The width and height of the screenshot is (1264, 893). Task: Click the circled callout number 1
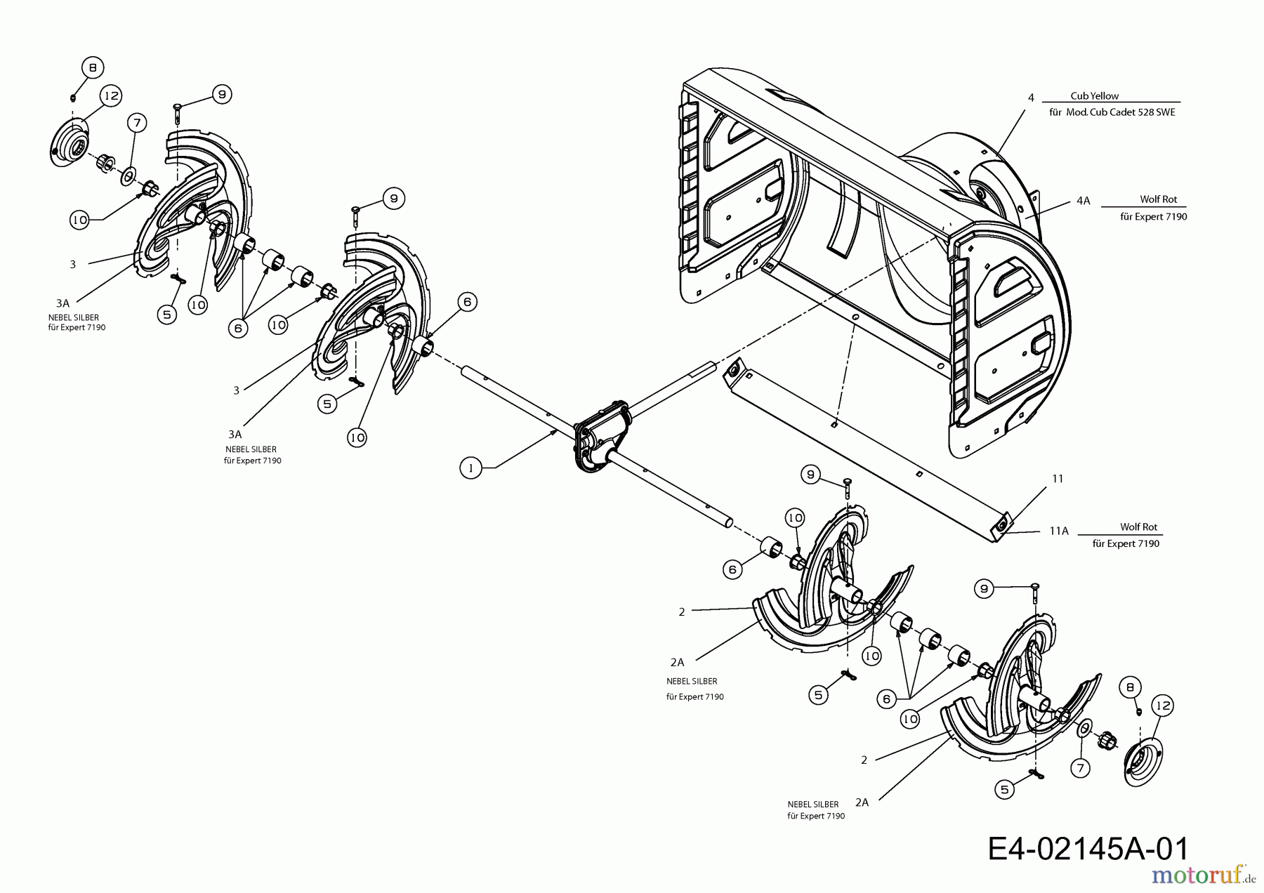pos(470,468)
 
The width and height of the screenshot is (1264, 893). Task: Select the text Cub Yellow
pos(1094,96)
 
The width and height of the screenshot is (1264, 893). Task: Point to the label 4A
pos(1083,201)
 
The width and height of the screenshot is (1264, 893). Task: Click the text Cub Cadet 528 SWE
pos(1128,112)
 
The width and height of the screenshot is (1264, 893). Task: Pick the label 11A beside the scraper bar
pos(1059,531)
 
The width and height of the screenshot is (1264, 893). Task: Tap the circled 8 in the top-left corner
pos(93,67)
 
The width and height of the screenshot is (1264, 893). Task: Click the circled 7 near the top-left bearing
pos(137,124)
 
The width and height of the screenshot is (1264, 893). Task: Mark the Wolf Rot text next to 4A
pos(1158,199)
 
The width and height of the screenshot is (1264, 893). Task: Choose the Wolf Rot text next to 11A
pos(1138,527)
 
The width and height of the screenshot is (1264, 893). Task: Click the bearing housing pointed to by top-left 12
pos(70,144)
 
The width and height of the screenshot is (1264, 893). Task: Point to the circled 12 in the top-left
pos(111,95)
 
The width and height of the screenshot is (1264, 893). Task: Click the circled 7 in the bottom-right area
pos(1081,769)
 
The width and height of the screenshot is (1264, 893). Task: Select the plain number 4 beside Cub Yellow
pos(1031,98)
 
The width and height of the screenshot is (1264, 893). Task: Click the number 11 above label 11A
pos(1058,479)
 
